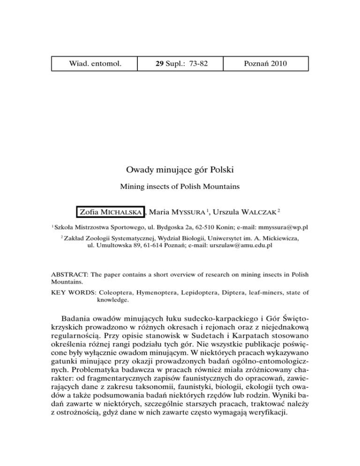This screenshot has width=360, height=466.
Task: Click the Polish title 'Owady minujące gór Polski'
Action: [x=180, y=169]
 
